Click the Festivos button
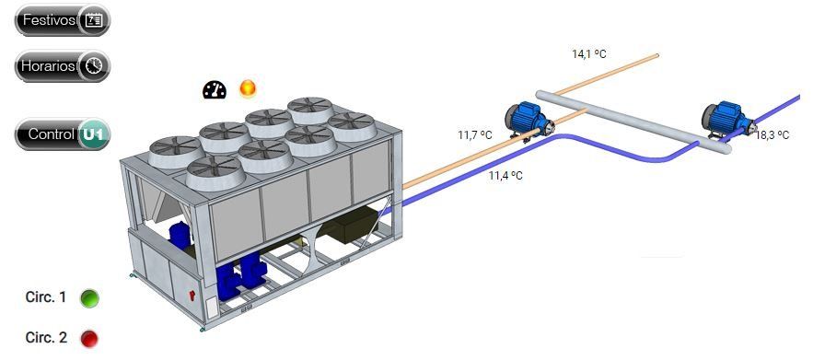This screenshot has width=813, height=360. pyautogui.click(x=63, y=21)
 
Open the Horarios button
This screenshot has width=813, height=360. pyautogui.click(x=63, y=66)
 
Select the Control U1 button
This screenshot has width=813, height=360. pyautogui.click(x=63, y=134)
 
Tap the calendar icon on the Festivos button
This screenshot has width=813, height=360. pyautogui.click(x=94, y=21)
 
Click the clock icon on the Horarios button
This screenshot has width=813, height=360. pyautogui.click(x=94, y=66)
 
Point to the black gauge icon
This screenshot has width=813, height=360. pyautogui.click(x=215, y=89)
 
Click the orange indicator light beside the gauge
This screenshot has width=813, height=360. pyautogui.click(x=248, y=88)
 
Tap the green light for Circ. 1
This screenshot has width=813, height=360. pyautogui.click(x=89, y=298)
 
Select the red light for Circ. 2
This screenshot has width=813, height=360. pyautogui.click(x=89, y=339)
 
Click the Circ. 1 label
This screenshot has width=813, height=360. pyautogui.click(x=46, y=297)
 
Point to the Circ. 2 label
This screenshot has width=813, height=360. pyautogui.click(x=46, y=338)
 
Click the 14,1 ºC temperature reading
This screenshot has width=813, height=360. pyautogui.click(x=589, y=54)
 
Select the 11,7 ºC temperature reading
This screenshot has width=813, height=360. pyautogui.click(x=474, y=135)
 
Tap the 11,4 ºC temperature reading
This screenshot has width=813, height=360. pyautogui.click(x=505, y=176)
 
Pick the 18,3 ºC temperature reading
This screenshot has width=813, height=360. pyautogui.click(x=772, y=135)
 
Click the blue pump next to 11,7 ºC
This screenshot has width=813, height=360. pyautogui.click(x=528, y=121)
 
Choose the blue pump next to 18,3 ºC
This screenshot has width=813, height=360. pyautogui.click(x=728, y=120)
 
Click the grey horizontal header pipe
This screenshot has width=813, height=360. pyautogui.click(x=633, y=122)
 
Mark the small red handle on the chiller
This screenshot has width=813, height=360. pyautogui.click(x=192, y=296)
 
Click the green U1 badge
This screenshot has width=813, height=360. pyautogui.click(x=94, y=134)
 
